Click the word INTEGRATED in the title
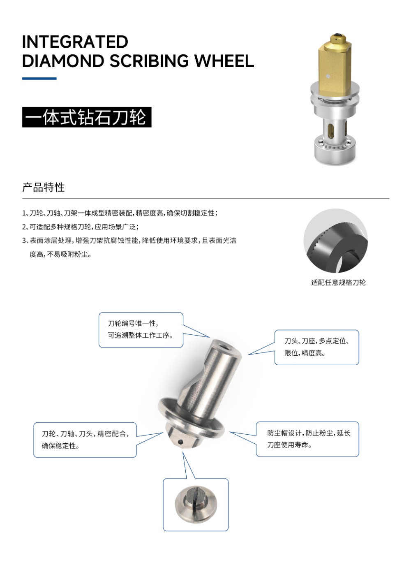click(75, 42)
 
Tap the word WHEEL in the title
click(224, 61)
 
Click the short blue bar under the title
click(39, 79)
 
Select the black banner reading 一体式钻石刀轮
click(87, 117)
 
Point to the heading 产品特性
click(44, 187)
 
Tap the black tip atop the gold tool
click(337, 35)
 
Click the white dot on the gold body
click(328, 76)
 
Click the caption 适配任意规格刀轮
click(338, 283)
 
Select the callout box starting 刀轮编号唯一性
click(141, 330)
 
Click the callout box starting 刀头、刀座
click(316, 348)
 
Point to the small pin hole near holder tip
click(180, 442)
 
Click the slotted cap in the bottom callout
click(196, 505)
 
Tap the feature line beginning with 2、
click(81, 227)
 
